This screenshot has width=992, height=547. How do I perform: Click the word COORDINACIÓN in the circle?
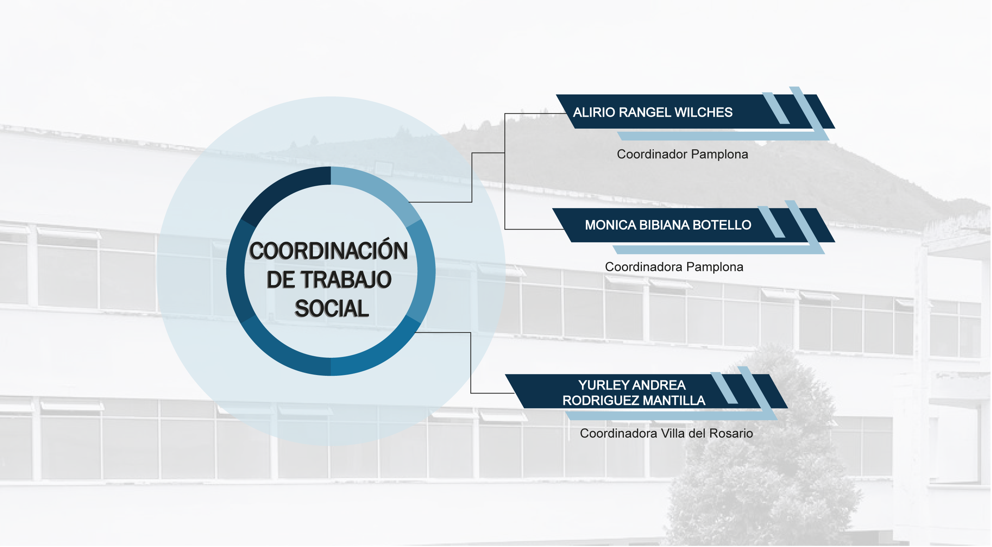329,251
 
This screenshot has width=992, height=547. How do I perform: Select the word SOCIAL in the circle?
332,309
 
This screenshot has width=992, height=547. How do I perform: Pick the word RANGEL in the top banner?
645,112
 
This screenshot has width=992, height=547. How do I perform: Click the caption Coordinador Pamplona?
683,154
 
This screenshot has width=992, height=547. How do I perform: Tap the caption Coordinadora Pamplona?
674,267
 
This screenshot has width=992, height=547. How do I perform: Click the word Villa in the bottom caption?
673,434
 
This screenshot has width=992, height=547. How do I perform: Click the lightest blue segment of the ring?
379,192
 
